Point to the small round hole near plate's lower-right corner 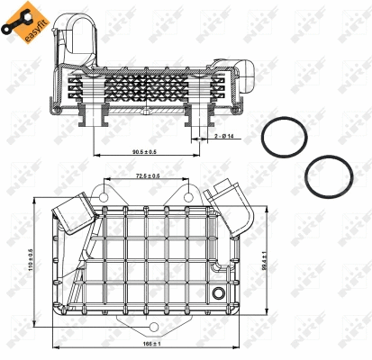click(218, 293)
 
